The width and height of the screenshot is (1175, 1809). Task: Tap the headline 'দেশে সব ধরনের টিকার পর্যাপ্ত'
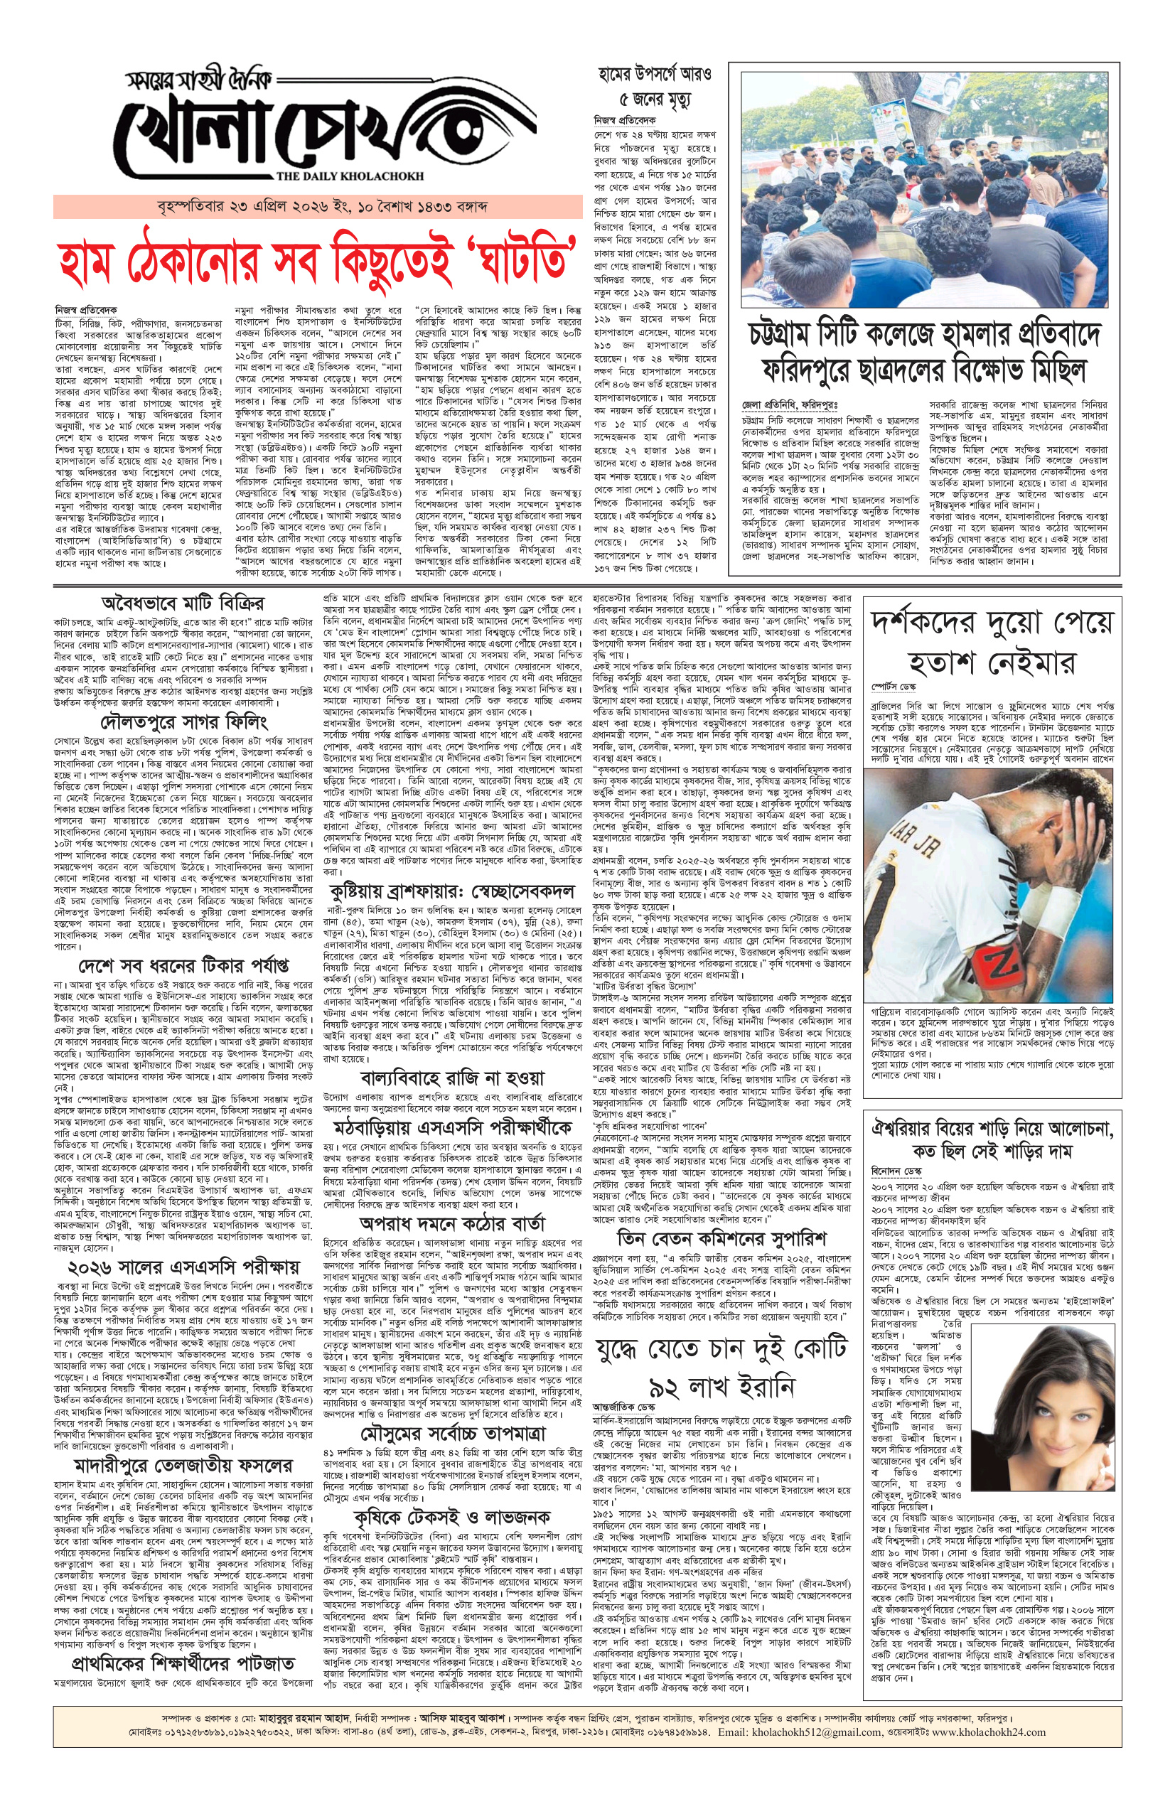pos(183,966)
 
